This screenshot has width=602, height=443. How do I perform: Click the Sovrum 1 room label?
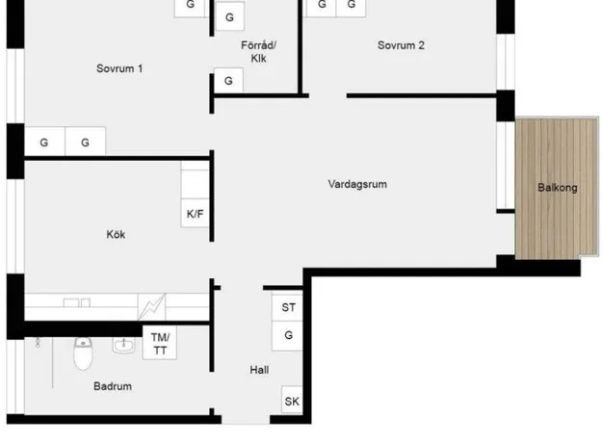[119, 68]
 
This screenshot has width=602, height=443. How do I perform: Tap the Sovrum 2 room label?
[401, 45]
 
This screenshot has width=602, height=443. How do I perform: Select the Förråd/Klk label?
[258, 52]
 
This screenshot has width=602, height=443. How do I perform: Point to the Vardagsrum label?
[357, 184]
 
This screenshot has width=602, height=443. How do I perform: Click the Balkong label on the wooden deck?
[558, 188]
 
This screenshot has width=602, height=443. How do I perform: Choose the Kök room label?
[116, 235]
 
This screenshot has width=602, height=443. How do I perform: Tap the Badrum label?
[113, 386]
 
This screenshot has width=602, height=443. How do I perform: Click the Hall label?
[259, 370]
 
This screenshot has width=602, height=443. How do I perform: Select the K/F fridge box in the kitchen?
[195, 214]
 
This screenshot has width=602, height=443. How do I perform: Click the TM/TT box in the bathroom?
[160, 343]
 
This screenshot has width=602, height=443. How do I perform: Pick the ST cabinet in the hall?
[288, 307]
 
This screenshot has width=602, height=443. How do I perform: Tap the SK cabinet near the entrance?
[292, 400]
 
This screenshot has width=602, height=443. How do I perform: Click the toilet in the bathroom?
[83, 353]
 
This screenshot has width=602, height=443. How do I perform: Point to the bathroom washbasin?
[123, 345]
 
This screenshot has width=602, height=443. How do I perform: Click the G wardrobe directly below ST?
[288, 336]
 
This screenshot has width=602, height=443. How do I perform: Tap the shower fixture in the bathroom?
[38, 343]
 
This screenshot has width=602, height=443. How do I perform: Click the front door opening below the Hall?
[246, 419]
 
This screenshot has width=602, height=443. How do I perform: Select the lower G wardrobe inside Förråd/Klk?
[228, 81]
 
